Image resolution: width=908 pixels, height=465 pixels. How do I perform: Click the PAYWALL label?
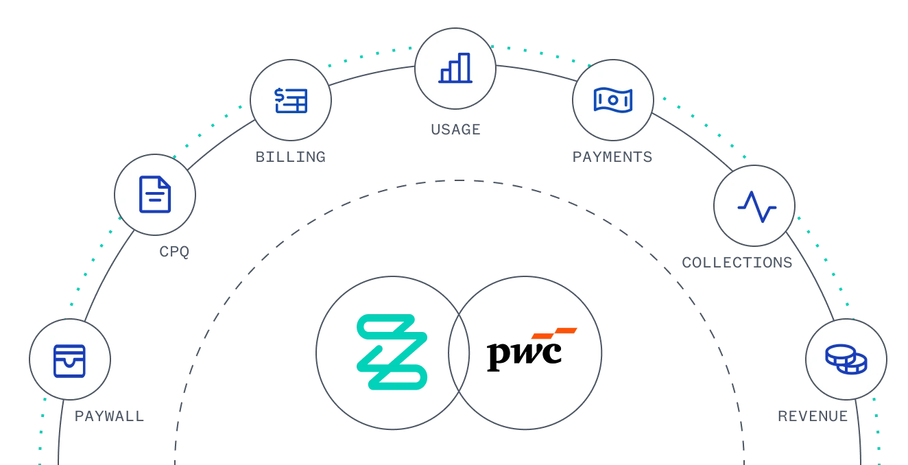(110, 416)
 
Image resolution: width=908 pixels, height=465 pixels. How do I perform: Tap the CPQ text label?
(174, 252)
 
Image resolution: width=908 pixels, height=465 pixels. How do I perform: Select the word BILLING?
(290, 157)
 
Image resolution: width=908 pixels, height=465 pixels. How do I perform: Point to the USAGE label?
(455, 130)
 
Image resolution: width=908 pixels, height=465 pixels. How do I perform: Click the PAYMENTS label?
(612, 157)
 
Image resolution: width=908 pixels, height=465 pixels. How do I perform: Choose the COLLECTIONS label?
(737, 263)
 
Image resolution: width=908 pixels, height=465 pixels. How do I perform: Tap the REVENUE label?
(813, 416)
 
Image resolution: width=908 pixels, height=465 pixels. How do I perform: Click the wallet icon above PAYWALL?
(69, 361)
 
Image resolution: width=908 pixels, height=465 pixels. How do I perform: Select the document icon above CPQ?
(155, 194)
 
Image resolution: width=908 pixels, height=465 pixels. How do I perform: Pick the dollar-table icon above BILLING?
(291, 100)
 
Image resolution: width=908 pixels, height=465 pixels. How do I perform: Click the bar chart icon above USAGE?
(455, 68)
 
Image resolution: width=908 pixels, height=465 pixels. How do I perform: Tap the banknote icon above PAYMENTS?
(613, 99)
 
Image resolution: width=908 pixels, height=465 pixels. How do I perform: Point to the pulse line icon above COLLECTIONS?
(756, 206)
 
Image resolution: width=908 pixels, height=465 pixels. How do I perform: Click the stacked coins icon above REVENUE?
(846, 359)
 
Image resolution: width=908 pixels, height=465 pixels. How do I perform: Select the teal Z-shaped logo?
(392, 352)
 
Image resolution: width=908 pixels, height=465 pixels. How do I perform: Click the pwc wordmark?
(525, 355)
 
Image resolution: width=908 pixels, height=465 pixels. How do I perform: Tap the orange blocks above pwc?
(554, 333)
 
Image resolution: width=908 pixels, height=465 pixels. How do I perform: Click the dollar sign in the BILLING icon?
(279, 96)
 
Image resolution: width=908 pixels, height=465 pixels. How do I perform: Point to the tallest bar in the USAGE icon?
(464, 67)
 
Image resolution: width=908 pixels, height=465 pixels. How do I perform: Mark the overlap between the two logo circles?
(459, 353)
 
